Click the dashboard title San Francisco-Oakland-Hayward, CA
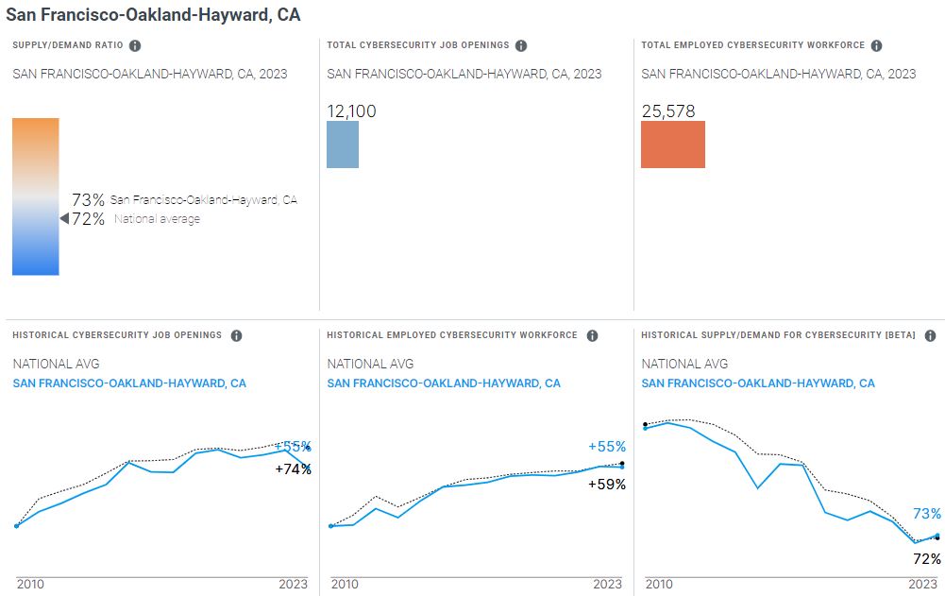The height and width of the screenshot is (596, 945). point(153,15)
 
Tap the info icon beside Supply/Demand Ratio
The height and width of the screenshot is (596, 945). point(135,45)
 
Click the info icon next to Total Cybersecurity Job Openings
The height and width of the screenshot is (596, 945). point(521,45)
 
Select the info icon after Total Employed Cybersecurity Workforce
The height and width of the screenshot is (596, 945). point(876,45)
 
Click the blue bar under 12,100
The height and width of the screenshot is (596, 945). point(343,145)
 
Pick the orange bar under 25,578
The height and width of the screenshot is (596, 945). point(673,145)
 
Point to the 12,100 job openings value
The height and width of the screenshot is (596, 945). point(351,111)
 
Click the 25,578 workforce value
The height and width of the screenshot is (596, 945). point(668,111)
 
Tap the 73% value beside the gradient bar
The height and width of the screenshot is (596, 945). point(88,200)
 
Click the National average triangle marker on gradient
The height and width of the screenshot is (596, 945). point(64,219)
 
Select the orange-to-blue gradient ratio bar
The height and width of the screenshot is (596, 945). point(36,196)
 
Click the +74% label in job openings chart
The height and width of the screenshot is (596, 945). point(293,468)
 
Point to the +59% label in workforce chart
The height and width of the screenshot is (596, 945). point(607,485)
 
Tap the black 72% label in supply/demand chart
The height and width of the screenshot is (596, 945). point(927,559)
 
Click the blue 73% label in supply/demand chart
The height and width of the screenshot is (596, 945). point(926,514)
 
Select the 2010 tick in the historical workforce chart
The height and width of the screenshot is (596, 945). point(345,585)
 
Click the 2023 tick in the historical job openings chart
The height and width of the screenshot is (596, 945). point(293,585)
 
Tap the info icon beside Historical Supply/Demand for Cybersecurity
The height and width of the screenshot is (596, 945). point(930,335)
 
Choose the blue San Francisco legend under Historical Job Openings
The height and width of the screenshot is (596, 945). point(129,383)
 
